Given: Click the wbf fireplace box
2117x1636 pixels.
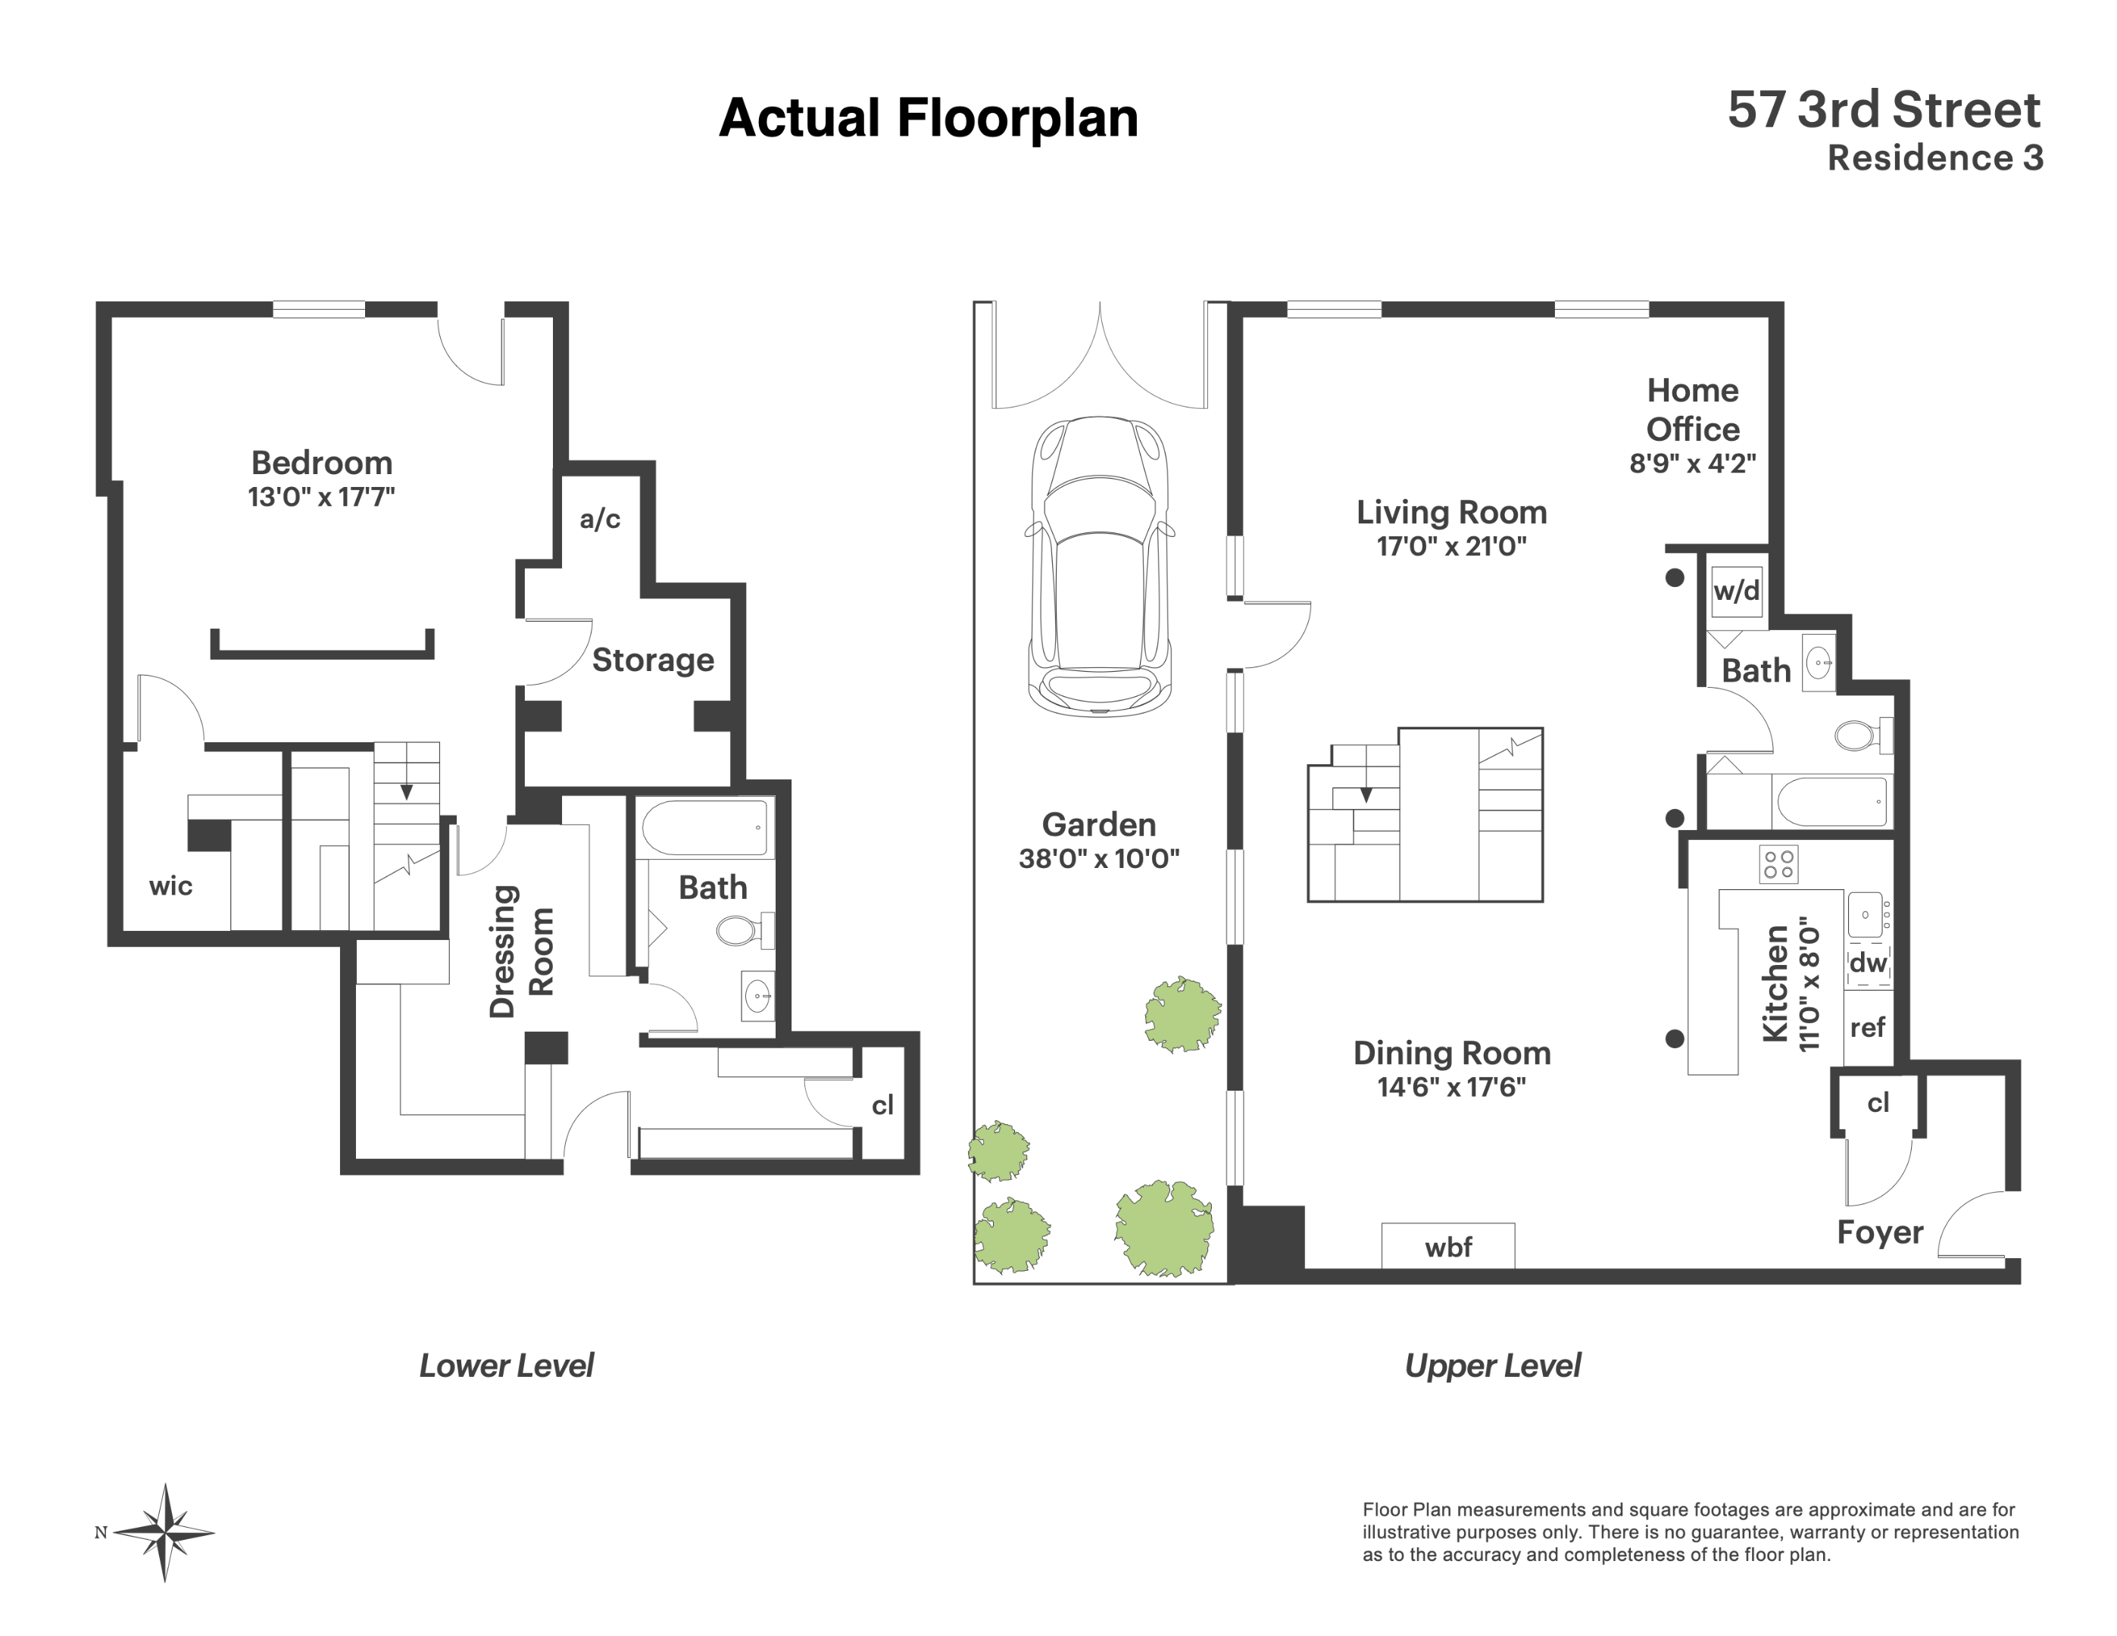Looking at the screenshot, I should pyautogui.click(x=1447, y=1247).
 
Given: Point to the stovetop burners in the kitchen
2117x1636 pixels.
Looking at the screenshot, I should pyautogui.click(x=1778, y=864).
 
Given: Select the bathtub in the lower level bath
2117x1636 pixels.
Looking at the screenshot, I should pyautogui.click(x=707, y=827).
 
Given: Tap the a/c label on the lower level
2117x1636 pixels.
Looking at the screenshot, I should pyautogui.click(x=599, y=520).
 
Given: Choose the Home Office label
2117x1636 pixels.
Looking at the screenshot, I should pyautogui.click(x=1692, y=410).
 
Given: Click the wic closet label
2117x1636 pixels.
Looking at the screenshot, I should pyautogui.click(x=170, y=886).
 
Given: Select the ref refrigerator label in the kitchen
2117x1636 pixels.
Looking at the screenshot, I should pyautogui.click(x=1867, y=1027).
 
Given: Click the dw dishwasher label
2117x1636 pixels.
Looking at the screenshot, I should pyautogui.click(x=1868, y=963).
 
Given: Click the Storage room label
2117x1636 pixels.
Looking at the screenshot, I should pyautogui.click(x=652, y=660).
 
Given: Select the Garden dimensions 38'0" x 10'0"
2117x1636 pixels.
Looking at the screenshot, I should pyautogui.click(x=1098, y=859).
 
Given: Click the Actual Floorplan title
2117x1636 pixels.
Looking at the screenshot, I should pyautogui.click(x=928, y=118).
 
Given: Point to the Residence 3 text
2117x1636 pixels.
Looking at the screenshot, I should pyautogui.click(x=1934, y=158).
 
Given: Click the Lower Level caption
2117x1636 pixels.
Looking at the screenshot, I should pyautogui.click(x=506, y=1366).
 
